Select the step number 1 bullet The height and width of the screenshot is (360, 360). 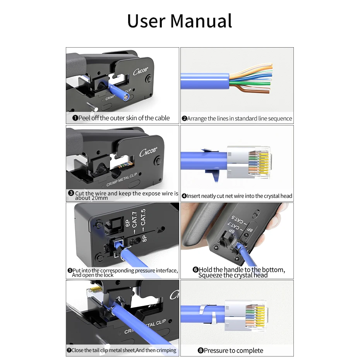click(x=75, y=118)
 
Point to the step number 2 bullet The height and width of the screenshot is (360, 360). click(x=184, y=119)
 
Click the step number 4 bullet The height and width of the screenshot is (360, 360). click(x=184, y=196)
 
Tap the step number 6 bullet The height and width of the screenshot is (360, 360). click(x=195, y=270)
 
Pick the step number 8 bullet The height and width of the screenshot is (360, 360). click(x=201, y=351)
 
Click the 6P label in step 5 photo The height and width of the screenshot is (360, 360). click(x=128, y=224)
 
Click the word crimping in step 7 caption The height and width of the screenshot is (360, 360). click(x=166, y=350)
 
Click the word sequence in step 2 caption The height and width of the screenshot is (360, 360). click(x=279, y=118)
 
